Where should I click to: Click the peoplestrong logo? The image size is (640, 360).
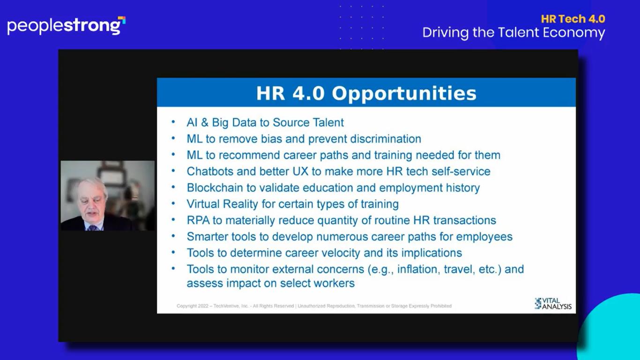tap(66, 26)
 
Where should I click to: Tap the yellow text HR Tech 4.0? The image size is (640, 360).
tap(573, 19)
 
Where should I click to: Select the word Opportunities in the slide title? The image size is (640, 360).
tap(404, 94)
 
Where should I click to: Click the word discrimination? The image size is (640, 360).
tap(386, 139)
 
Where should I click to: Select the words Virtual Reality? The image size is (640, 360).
tap(222, 204)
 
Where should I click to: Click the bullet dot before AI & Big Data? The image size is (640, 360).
tap(173, 122)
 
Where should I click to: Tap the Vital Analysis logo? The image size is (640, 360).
tap(553, 303)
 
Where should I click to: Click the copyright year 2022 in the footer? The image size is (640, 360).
tap(203, 306)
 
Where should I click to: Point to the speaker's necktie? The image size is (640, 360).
tap(93, 228)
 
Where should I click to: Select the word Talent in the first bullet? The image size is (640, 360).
tap(328, 122)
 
